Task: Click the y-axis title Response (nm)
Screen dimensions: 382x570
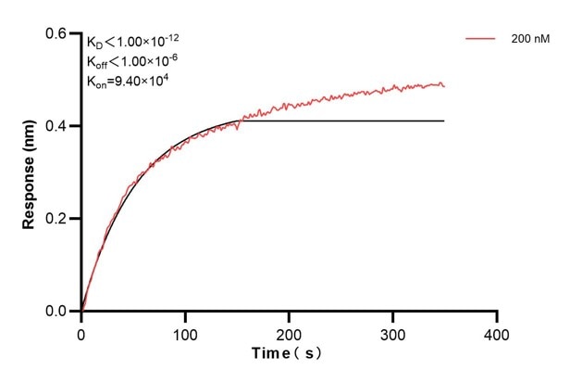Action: (x=31, y=172)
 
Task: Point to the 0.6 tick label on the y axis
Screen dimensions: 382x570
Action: (x=58, y=33)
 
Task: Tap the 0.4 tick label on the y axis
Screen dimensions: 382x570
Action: (x=58, y=126)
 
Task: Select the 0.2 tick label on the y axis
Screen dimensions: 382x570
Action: (x=58, y=219)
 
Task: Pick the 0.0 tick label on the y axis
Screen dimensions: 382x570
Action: (x=58, y=312)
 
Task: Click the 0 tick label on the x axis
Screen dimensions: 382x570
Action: (x=81, y=333)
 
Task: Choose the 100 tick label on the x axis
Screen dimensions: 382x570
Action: (x=185, y=333)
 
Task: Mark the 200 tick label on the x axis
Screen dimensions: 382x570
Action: (x=290, y=333)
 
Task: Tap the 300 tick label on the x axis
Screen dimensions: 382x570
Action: (x=393, y=333)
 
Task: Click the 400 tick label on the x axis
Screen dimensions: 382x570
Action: (x=497, y=333)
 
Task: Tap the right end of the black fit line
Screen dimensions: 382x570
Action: (x=444, y=121)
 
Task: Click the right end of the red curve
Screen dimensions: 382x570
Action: (x=444, y=86)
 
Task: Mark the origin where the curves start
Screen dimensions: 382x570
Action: (x=81, y=311)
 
